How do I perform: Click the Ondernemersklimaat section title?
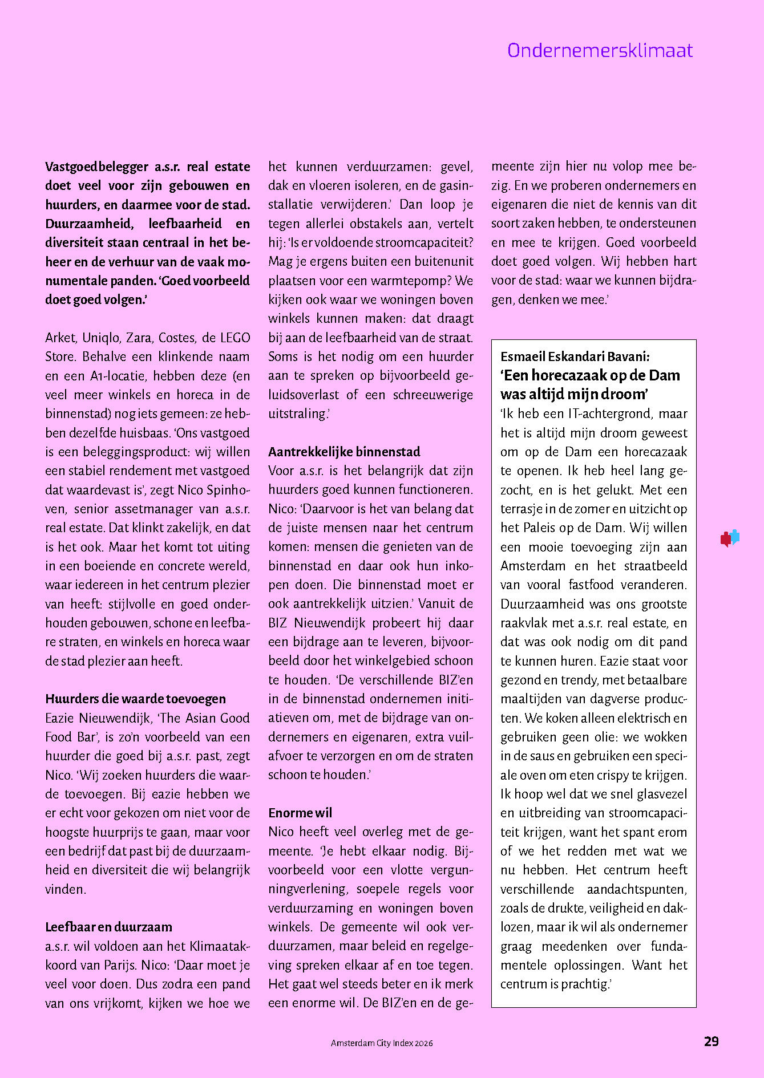click(600, 51)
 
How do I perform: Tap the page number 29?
click(711, 1041)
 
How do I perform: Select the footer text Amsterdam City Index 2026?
click(382, 1043)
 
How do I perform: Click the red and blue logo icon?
click(730, 538)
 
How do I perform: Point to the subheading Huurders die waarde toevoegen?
click(135, 699)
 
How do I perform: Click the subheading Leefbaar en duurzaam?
click(108, 927)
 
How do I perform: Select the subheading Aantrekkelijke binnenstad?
click(344, 452)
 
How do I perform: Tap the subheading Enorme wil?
click(300, 813)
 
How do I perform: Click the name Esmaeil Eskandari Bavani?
click(575, 356)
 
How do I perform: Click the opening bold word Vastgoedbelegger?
click(97, 167)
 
